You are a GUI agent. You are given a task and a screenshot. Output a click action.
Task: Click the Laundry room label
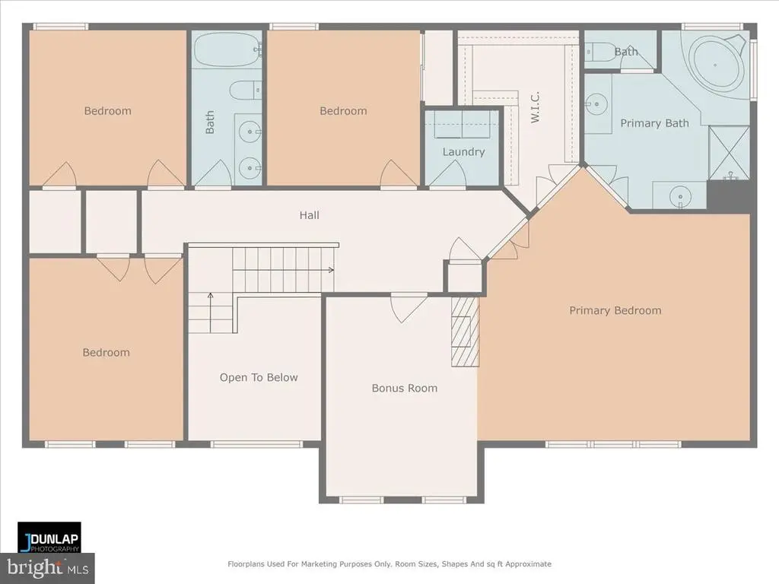pyautogui.click(x=463, y=152)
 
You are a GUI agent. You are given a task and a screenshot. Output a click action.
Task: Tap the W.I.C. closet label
pyautogui.click(x=535, y=107)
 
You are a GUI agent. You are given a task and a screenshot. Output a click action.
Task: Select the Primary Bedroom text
pyautogui.click(x=615, y=310)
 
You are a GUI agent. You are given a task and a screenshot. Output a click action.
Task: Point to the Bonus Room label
pyautogui.click(x=405, y=388)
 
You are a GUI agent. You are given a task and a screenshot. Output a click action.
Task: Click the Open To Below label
pyautogui.click(x=259, y=377)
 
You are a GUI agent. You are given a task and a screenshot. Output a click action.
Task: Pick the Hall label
pyautogui.click(x=309, y=215)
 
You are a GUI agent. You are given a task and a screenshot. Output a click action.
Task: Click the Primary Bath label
pyautogui.click(x=654, y=123)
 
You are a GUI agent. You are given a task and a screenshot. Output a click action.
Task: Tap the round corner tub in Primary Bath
pyautogui.click(x=716, y=65)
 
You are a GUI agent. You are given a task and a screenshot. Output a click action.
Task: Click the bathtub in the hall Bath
pyautogui.click(x=227, y=49)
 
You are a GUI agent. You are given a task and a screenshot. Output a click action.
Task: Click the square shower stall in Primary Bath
pyautogui.click(x=729, y=153)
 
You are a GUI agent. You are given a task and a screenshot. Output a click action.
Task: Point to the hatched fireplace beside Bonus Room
pyautogui.click(x=465, y=332)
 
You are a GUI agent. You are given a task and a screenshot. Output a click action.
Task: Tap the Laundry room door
pyautogui.click(x=447, y=174)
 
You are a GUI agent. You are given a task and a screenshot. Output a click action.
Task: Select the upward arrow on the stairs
pyautogui.click(x=210, y=313)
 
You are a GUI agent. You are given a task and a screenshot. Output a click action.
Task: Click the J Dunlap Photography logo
pyautogui.click(x=49, y=538)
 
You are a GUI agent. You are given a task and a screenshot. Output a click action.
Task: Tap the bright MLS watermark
pyautogui.click(x=47, y=568)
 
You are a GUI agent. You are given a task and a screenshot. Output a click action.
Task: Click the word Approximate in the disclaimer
pyautogui.click(x=528, y=564)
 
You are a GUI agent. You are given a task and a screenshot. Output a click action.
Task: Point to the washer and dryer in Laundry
pyautogui.click(x=463, y=124)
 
